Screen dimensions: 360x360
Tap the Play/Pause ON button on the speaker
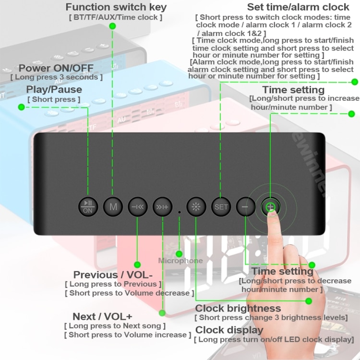(x=88, y=207)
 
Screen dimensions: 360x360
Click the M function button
(x=113, y=207)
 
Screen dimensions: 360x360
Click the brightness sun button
(x=196, y=207)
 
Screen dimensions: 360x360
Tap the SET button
(x=221, y=207)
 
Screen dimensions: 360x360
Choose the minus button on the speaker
(x=245, y=207)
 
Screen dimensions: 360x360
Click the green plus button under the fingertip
(x=271, y=207)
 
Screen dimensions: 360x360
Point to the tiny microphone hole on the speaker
(x=180, y=211)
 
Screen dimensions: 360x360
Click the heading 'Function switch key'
(x=116, y=7)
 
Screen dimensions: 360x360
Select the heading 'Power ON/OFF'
(x=56, y=68)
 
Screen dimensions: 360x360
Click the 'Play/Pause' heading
(x=54, y=89)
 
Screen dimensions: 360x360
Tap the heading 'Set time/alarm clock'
(x=298, y=7)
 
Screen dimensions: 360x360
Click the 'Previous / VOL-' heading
(x=113, y=275)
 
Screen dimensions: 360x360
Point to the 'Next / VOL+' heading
(x=102, y=316)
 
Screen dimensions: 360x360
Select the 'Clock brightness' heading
(x=238, y=308)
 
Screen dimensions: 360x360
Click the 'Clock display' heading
(x=229, y=330)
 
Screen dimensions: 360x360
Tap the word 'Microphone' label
(x=180, y=261)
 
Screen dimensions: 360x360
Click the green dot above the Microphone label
(x=180, y=253)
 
